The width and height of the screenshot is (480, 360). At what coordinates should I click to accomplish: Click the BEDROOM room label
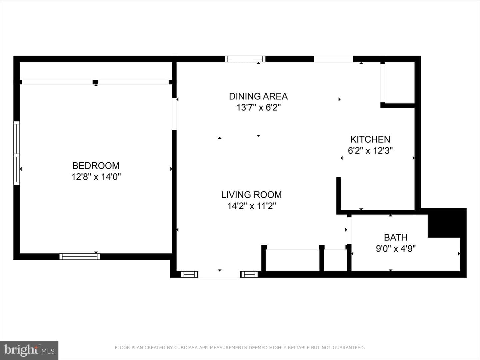pyautogui.click(x=96, y=166)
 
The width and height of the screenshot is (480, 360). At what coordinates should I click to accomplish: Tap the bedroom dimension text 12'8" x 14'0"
pyautogui.click(x=96, y=177)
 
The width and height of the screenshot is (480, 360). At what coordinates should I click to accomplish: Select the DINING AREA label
pyautogui.click(x=258, y=96)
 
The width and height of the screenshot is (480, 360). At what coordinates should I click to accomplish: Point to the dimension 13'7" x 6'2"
pyautogui.click(x=258, y=108)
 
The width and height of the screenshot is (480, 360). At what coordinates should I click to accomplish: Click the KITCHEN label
pyautogui.click(x=370, y=139)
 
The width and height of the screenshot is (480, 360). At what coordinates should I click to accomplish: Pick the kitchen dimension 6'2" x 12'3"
pyautogui.click(x=370, y=151)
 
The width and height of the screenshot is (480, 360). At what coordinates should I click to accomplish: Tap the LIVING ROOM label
pyautogui.click(x=251, y=195)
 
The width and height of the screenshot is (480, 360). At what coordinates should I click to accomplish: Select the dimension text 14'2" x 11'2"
pyautogui.click(x=251, y=206)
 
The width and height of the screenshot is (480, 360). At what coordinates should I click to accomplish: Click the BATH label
pyautogui.click(x=396, y=237)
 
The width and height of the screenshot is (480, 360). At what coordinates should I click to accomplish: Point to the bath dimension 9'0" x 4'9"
pyautogui.click(x=396, y=249)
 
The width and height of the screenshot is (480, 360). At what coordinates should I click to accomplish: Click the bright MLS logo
pyautogui.click(x=29, y=350)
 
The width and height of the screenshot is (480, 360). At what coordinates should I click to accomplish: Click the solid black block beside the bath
pyautogui.click(x=447, y=223)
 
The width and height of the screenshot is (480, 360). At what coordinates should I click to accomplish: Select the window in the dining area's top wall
pyautogui.click(x=245, y=59)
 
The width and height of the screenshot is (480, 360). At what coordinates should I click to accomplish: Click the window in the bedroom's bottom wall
pyautogui.click(x=80, y=256)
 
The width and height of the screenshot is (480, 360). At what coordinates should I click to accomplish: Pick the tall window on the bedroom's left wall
pyautogui.click(x=17, y=153)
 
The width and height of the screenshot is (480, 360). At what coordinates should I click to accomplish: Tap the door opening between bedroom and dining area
pyautogui.click(x=174, y=114)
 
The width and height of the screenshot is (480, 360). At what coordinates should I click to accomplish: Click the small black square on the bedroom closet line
pyautogui.click(x=95, y=82)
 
